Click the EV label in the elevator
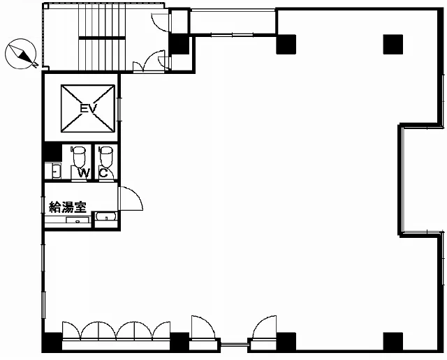pos(89,108)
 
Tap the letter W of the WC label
pos(84,172)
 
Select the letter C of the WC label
pos(103,172)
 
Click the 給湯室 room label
pos(68,207)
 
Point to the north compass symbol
pos(21,54)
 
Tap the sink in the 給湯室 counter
pos(78,220)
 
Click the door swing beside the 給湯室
pos(131,199)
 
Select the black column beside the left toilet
pos(53,152)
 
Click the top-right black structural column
pos(393,44)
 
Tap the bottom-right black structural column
pos(393,342)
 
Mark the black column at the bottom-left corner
pos(52,342)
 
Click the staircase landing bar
pos(102,38)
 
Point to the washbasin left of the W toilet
pos(57,171)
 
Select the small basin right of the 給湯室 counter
pos(105,216)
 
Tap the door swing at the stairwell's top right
pos(160,22)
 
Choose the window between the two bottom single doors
pos(235,344)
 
